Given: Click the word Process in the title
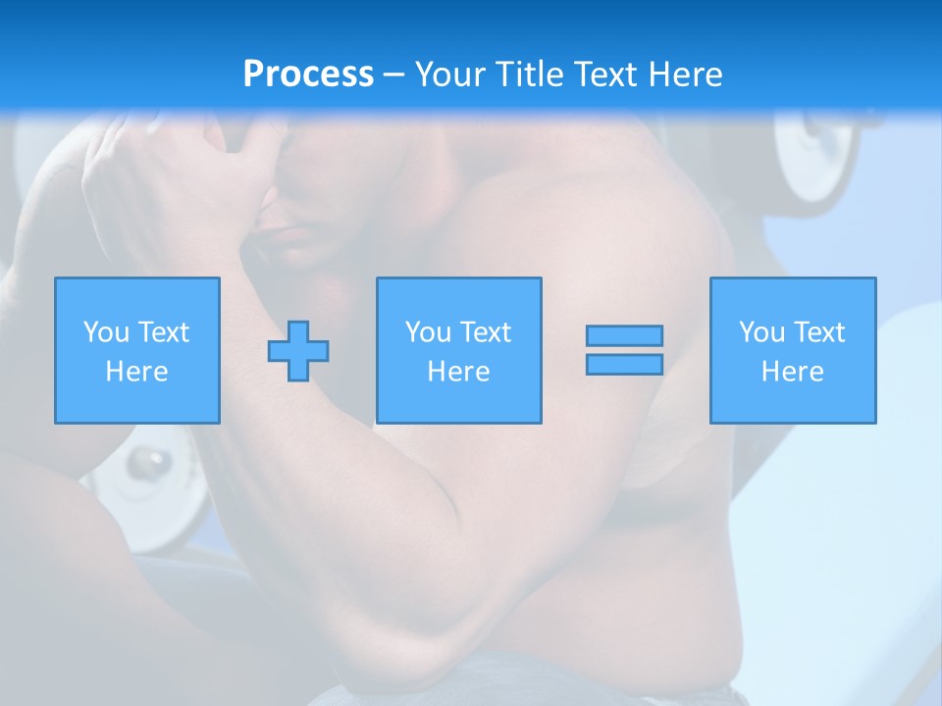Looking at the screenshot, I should (308, 75).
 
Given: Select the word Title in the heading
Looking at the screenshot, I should (531, 75).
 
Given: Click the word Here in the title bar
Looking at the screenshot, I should (687, 75).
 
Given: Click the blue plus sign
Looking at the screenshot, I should (298, 350).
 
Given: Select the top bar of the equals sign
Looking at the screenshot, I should (624, 335).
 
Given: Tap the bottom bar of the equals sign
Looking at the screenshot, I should (624, 365).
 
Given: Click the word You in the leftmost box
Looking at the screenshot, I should (106, 332).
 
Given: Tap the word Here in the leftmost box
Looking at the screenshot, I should (137, 372).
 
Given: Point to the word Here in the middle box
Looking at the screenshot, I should (459, 372).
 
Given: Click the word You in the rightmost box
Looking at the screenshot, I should (761, 332).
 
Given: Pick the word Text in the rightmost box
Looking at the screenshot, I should (820, 332).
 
